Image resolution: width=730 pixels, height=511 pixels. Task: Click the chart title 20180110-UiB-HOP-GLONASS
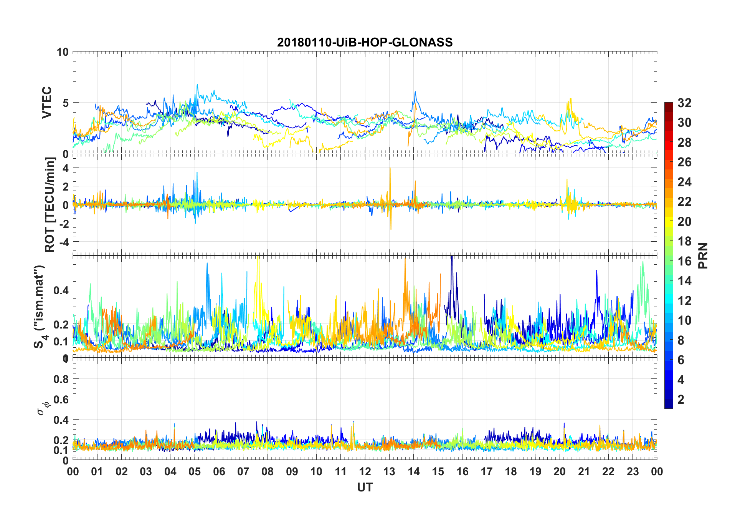365,42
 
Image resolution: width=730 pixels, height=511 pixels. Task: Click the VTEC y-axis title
47,103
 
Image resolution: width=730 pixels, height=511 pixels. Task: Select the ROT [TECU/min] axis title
50,204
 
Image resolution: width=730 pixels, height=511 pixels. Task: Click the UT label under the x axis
365,488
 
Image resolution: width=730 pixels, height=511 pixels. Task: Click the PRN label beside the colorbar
703,256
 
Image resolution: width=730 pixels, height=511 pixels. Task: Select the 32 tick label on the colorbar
684,103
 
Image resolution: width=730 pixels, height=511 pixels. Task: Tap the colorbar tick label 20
684,222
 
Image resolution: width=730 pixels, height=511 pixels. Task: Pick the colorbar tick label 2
681,400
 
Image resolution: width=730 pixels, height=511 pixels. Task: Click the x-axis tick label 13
389,471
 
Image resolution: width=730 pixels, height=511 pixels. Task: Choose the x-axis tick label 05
195,471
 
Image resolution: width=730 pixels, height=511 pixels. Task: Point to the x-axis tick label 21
584,471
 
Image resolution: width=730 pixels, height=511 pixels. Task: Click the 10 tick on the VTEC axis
63,52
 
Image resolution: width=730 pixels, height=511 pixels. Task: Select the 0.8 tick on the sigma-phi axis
61,379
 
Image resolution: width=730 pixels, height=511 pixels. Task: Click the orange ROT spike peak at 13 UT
390,168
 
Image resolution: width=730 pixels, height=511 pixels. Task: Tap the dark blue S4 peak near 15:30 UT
452,257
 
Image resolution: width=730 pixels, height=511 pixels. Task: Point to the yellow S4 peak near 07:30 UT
258,257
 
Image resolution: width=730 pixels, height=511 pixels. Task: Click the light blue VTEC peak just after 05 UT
197,85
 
